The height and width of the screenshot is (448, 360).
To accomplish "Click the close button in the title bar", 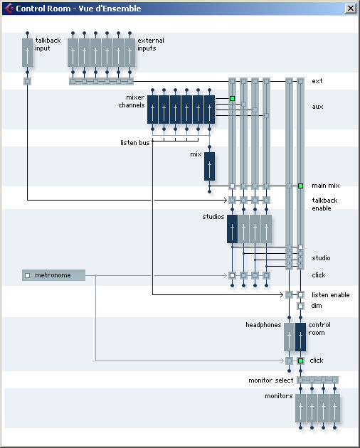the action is pos(351,9).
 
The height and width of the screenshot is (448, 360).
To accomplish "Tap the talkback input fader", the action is pos(28,53).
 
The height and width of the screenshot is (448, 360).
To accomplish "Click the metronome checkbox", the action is pos(28,275).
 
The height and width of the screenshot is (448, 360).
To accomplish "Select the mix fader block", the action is pos(209,166).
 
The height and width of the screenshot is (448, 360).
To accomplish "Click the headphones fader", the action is pos(289,337).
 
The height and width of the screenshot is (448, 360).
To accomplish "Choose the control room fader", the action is pos(300,337).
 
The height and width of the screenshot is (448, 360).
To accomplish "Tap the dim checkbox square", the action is pos(300,306).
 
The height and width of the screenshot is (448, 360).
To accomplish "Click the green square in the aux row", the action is pos(232,98).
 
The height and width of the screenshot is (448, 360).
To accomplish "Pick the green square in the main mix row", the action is pos(300,186).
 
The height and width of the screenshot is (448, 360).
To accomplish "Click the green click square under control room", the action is pos(300,361).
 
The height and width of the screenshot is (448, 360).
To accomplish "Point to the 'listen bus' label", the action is pos(135,142).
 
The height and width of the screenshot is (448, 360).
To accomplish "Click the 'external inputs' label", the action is pos(151,44).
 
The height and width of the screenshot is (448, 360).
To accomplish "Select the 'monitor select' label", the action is pos(271,380).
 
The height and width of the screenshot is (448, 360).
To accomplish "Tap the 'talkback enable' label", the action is pos(324,204).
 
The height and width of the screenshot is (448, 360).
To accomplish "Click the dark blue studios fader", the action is pos(232,229).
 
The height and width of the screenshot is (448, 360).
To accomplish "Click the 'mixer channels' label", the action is pos(132,101).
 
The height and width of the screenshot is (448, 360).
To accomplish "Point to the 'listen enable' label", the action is pos(331,295).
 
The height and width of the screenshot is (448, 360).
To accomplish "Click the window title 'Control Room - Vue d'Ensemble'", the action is pos(78,9).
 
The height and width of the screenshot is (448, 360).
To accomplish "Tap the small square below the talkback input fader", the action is pos(27,82).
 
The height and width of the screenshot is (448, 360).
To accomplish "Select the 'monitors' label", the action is pos(278,396).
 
